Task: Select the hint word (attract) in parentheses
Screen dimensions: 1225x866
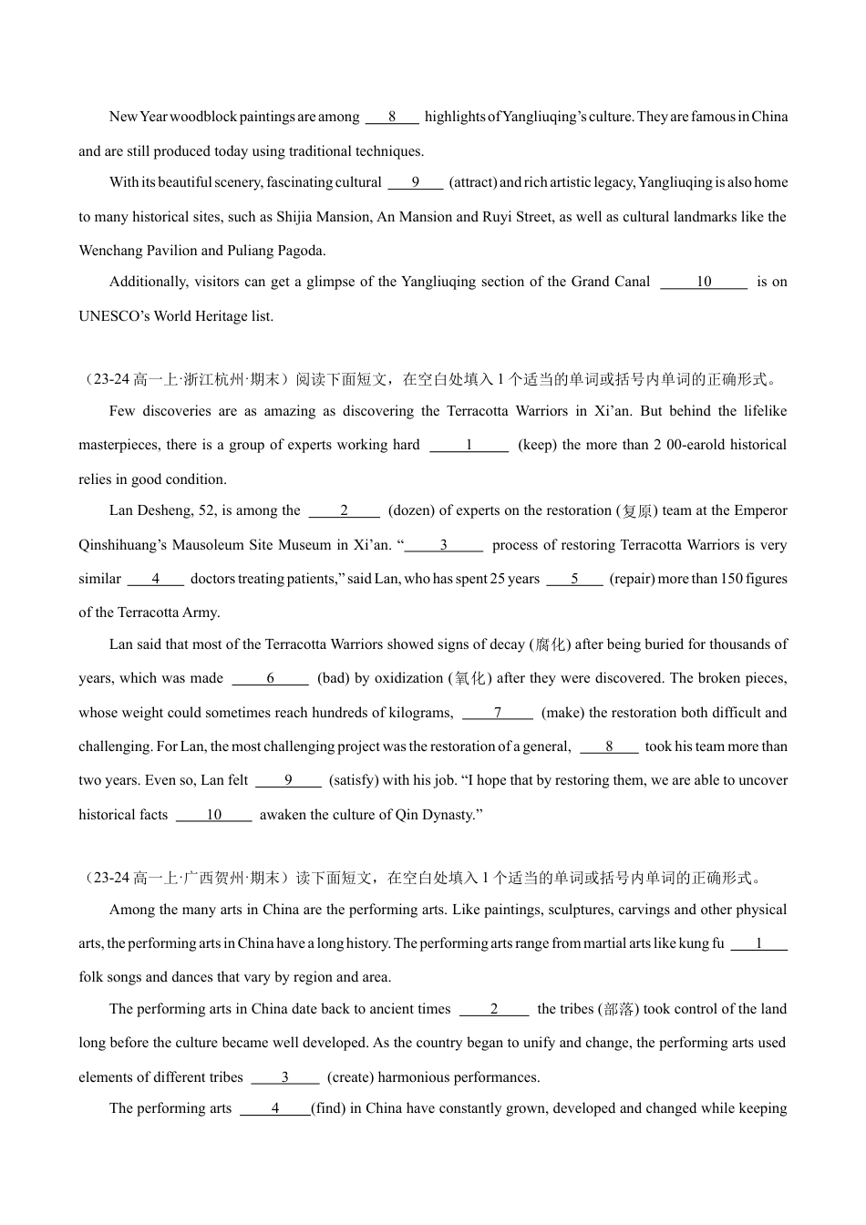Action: point(473,182)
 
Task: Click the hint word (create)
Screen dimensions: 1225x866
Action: point(350,1077)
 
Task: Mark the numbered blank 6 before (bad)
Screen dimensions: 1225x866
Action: point(271,678)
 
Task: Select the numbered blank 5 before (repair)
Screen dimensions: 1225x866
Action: point(574,579)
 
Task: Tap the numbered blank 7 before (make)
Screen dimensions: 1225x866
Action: point(498,713)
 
